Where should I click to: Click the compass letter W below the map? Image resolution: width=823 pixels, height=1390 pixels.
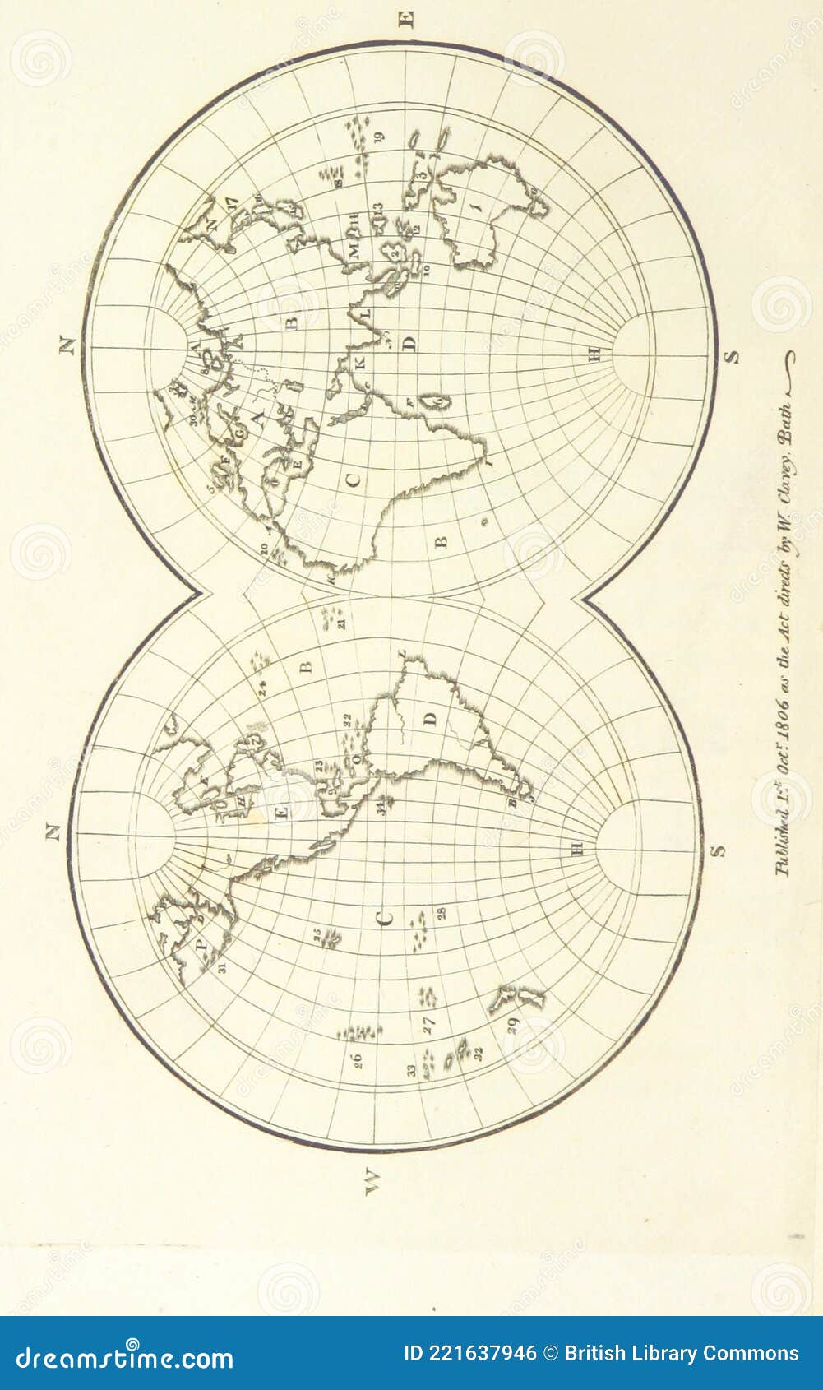[x=372, y=1181]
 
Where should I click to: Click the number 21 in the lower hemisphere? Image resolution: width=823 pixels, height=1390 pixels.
[x=340, y=623]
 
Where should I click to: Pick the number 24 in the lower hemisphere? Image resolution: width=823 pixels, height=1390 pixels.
[x=261, y=688]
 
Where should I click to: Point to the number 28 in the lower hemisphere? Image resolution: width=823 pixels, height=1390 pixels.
[x=442, y=913]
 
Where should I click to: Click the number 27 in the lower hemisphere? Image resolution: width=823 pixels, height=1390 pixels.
[x=428, y=1025]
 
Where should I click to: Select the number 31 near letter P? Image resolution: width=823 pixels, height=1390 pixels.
[x=222, y=967]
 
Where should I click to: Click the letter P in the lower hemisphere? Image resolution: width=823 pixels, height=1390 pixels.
[x=203, y=943]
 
